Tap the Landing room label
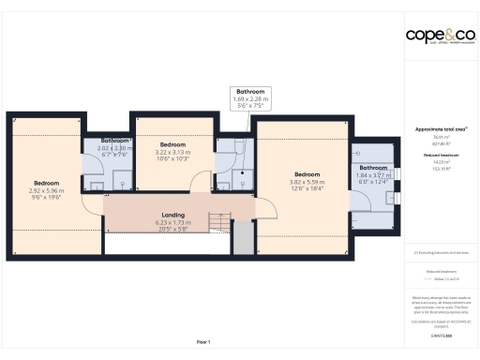172,214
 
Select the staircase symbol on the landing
218,222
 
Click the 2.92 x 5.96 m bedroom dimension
47,190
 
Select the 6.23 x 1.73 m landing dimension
172,221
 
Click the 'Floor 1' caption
202,341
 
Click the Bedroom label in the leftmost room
47,183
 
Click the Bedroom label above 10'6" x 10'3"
172,145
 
